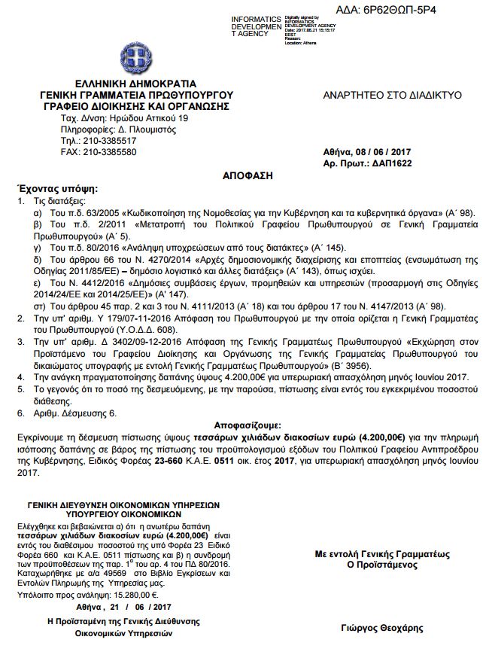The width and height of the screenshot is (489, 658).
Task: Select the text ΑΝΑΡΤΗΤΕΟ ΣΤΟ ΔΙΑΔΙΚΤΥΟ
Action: pos(392,96)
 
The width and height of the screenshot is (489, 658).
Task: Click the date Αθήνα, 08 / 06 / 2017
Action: pos(372,152)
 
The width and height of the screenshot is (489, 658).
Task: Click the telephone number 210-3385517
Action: pos(109,141)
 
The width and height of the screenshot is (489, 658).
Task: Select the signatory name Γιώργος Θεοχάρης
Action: pos(381,628)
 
